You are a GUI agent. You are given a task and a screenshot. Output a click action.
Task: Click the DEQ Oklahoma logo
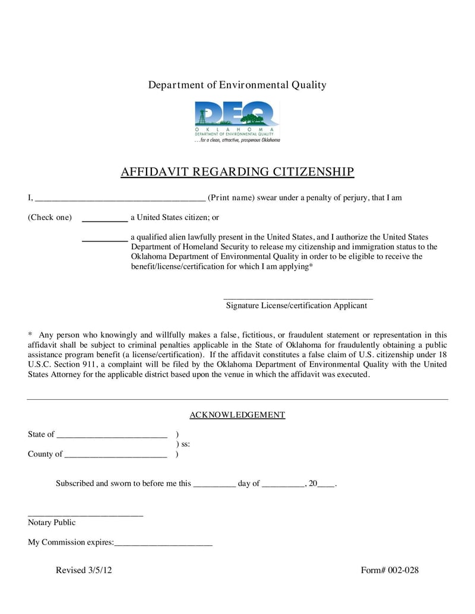(237, 122)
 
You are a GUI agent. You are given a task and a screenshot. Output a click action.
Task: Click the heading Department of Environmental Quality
(237, 85)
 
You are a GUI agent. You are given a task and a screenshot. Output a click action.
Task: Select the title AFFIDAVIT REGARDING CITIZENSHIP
(237, 172)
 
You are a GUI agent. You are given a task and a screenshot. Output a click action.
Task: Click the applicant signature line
(298, 297)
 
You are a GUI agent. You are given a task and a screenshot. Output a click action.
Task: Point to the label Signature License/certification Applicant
(296, 306)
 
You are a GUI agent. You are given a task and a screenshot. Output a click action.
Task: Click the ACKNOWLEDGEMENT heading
(237, 415)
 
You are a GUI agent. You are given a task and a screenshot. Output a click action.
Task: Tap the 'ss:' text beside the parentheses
(183, 444)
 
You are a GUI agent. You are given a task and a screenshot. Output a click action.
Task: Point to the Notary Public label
(52, 523)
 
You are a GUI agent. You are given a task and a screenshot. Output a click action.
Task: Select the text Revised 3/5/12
(84, 571)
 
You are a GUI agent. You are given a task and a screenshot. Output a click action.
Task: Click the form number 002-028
(389, 571)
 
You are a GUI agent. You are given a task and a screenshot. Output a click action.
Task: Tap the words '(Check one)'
(50, 218)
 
